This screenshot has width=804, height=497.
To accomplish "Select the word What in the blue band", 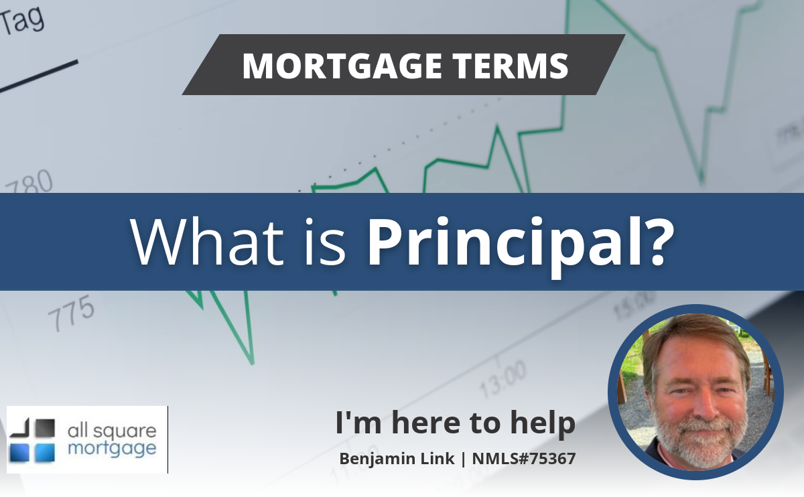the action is (x=207, y=241).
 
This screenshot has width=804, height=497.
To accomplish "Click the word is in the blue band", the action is (x=325, y=241).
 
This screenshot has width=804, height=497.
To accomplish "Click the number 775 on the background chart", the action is (x=72, y=312).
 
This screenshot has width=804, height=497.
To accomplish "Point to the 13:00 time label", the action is (x=503, y=380).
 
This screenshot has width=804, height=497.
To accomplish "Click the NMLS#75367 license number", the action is (x=524, y=458).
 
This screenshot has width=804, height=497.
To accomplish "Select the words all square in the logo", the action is (x=112, y=431).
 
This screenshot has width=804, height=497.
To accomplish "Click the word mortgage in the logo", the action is (x=112, y=449).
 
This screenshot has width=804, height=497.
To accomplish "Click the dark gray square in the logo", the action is (x=46, y=428).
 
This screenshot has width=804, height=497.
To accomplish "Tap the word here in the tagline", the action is (x=426, y=423).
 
